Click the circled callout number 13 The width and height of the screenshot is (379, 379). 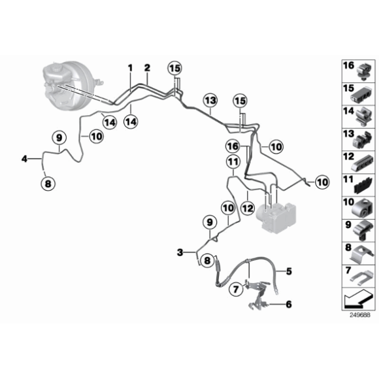[210, 101]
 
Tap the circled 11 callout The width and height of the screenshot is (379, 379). [233, 161]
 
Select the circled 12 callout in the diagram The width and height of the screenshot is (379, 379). [248, 208]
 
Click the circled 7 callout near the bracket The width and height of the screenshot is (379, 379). [236, 289]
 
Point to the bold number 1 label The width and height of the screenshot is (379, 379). [131, 68]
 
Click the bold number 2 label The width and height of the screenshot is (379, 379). [147, 68]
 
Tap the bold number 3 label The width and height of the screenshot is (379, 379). [180, 252]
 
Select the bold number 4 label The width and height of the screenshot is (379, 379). [24, 159]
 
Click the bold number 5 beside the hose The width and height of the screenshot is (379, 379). [289, 271]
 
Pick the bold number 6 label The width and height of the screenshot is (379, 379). [289, 305]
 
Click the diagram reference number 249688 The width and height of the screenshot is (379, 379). [360, 315]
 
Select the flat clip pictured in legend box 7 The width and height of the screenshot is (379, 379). [361, 276]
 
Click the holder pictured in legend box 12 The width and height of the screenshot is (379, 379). [362, 163]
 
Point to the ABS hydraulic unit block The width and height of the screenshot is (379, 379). [276, 216]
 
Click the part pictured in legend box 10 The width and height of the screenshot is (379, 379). [362, 208]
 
